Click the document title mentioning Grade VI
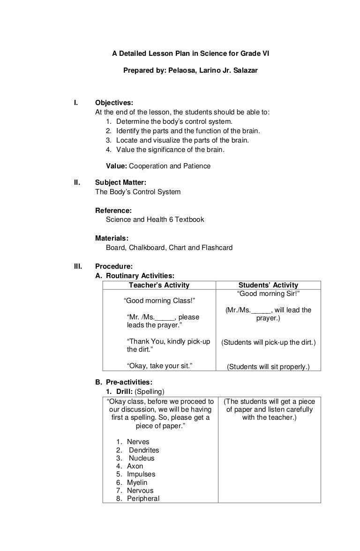coord(190,54)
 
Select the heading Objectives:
coord(114,103)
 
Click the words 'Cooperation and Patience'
coord(170,166)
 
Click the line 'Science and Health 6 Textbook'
coord(155,219)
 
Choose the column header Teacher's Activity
coord(159,285)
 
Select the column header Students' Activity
coord(268,285)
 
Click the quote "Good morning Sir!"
coord(269,294)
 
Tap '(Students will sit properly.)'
coord(268,367)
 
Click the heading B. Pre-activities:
coord(124,382)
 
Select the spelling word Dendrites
coord(144,450)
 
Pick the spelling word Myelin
coord(137,482)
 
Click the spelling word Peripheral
coord(143,498)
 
